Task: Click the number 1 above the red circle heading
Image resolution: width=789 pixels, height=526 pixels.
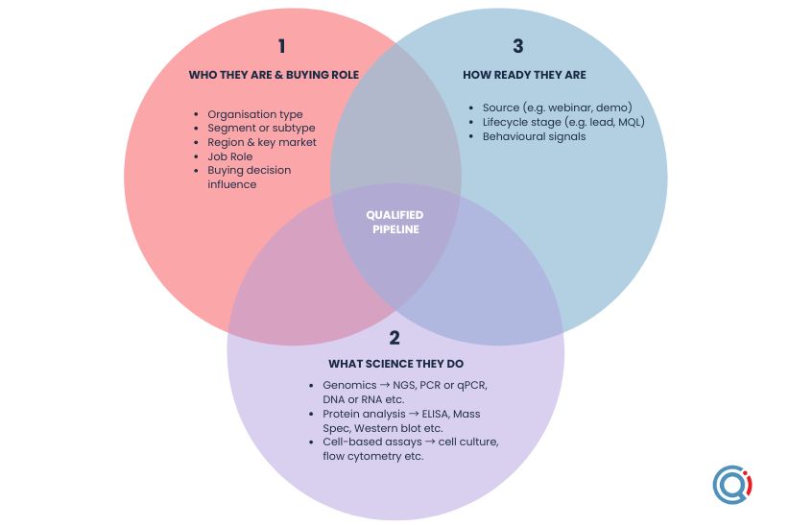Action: (281, 46)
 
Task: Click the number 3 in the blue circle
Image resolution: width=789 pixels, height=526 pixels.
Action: (517, 46)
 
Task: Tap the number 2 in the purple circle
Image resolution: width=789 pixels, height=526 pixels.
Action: (394, 337)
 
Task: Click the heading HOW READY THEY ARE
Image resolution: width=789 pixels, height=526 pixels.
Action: (524, 75)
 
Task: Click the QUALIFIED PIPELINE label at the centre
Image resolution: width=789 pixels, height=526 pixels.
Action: (394, 222)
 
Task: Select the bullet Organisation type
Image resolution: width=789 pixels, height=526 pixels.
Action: (255, 114)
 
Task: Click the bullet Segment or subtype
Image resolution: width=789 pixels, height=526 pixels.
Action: (261, 128)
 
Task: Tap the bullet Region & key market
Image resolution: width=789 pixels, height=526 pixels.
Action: (262, 142)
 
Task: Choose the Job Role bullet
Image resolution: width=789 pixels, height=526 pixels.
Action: (230, 155)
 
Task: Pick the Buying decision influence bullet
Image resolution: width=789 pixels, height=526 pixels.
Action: (250, 177)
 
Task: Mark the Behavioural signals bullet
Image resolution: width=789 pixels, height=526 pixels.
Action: (528, 136)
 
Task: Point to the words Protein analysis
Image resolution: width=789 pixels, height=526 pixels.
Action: (354, 414)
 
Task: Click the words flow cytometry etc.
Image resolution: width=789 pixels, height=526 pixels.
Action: (373, 456)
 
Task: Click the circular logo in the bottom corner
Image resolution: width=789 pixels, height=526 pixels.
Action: (732, 485)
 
